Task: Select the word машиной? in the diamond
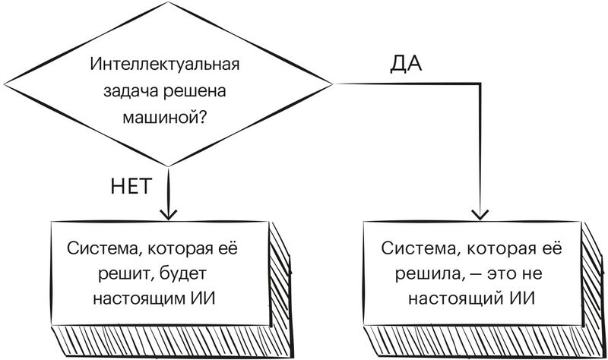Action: (x=166, y=116)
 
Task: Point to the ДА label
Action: (x=407, y=64)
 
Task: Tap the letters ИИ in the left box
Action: (x=202, y=298)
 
